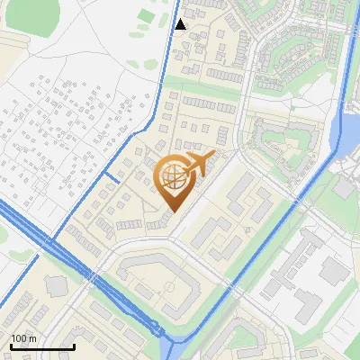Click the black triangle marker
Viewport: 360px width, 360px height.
point(181,24)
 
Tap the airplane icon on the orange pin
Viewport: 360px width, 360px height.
point(198,164)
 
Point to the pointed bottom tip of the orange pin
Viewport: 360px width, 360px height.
point(173,212)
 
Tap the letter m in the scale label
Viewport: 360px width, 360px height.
point(32,338)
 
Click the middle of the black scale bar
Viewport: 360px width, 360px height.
point(42,346)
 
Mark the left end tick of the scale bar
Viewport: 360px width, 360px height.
point(11,346)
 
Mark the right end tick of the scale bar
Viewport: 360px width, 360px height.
point(74,346)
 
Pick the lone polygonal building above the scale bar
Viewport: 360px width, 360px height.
point(56,286)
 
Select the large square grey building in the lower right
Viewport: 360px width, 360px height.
point(334,270)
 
